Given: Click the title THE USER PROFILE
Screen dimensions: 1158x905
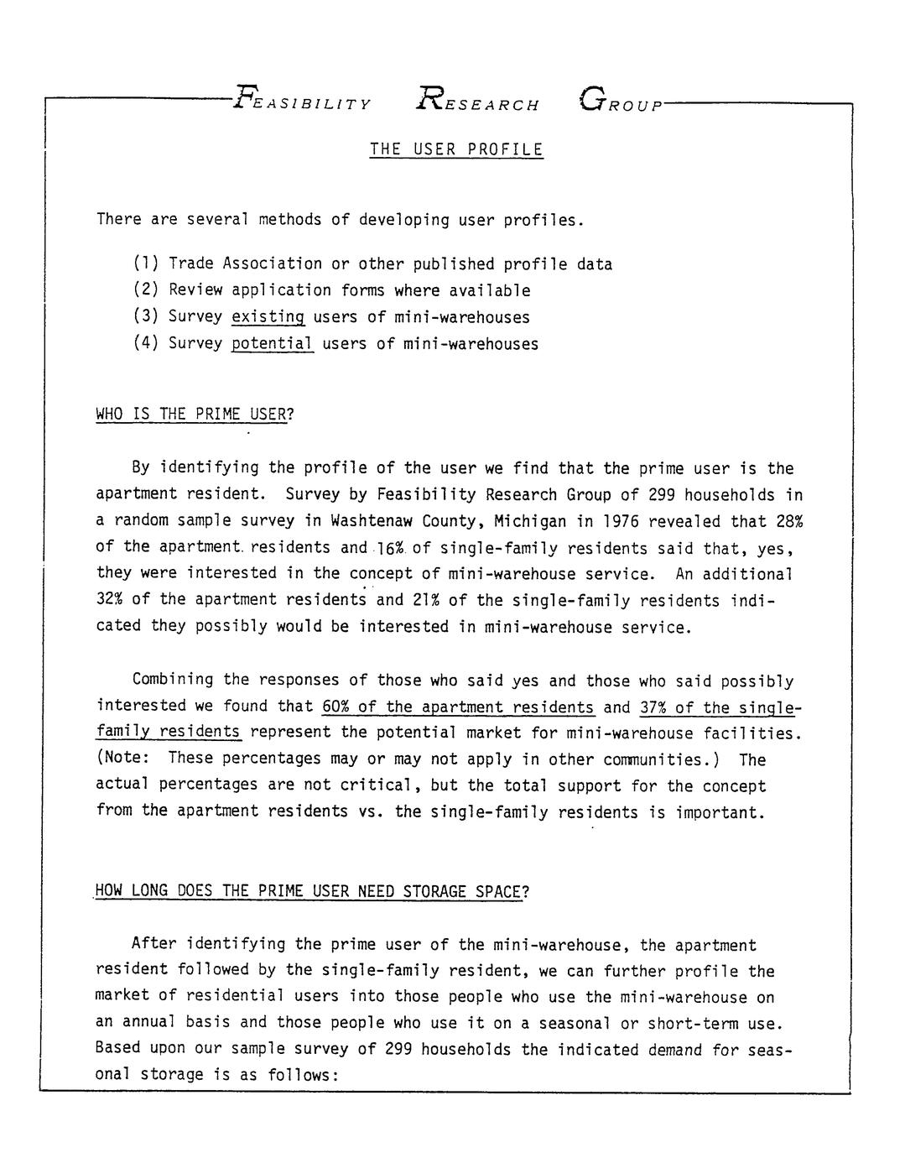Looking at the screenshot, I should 456,150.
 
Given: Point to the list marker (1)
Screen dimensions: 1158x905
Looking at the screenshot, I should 147,264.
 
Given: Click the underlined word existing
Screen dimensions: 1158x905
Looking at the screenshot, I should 268,317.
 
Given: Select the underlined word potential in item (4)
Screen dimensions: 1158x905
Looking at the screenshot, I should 273,344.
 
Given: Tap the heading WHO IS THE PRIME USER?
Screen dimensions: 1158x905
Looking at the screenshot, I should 195,415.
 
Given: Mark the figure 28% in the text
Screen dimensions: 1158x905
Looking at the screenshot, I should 789,521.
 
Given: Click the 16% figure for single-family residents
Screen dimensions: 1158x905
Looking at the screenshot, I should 391,548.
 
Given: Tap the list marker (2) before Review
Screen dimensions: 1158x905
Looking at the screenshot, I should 147,291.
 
